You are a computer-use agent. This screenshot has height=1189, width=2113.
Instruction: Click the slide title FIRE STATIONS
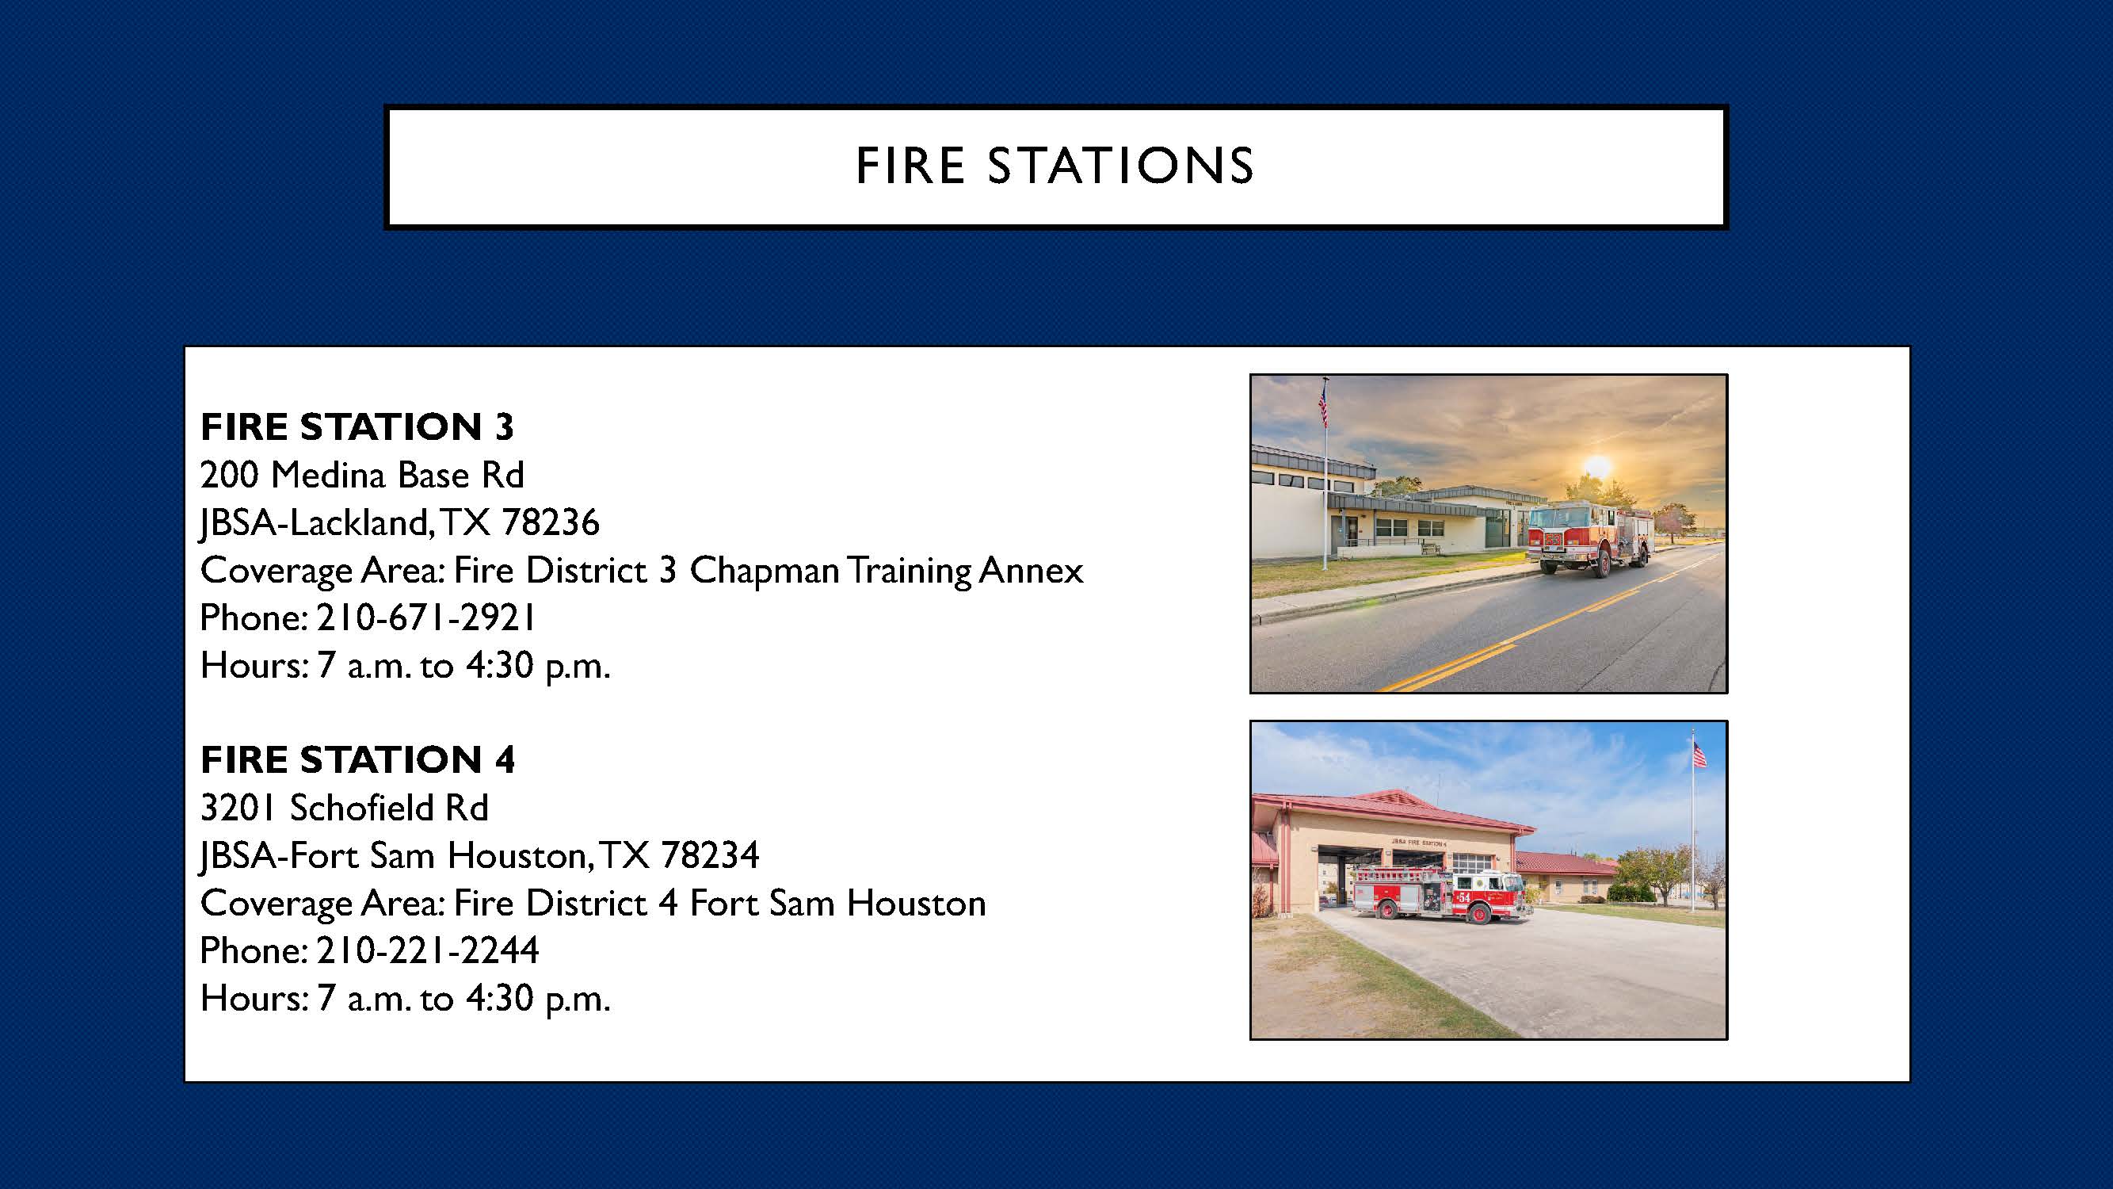pos(1055,166)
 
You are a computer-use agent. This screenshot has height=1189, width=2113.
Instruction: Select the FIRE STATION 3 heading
pos(357,426)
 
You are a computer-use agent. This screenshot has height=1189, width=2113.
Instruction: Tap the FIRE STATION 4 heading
pos(357,760)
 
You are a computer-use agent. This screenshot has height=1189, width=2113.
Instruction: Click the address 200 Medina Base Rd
pos(362,475)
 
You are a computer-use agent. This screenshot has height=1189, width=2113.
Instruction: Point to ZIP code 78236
pos(551,522)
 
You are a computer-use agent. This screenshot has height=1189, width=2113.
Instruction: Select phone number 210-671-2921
pos(425,618)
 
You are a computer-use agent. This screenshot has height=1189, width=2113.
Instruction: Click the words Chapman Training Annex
pos(886,570)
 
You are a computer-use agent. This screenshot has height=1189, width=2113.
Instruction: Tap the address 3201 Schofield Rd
pos(345,809)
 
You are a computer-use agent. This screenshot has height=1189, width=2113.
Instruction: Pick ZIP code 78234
pos(710,856)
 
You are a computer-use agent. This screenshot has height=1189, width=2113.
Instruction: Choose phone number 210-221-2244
pos(427,951)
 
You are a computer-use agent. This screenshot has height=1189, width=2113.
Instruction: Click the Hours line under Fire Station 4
pos(405,999)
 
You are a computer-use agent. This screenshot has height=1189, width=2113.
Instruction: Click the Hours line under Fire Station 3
pos(405,666)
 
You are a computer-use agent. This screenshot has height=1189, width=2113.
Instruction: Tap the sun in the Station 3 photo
pos(1596,467)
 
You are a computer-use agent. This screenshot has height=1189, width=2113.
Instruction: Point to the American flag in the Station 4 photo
pos(1699,754)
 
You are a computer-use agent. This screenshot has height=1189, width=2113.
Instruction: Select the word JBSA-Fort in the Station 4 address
pos(280,856)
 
